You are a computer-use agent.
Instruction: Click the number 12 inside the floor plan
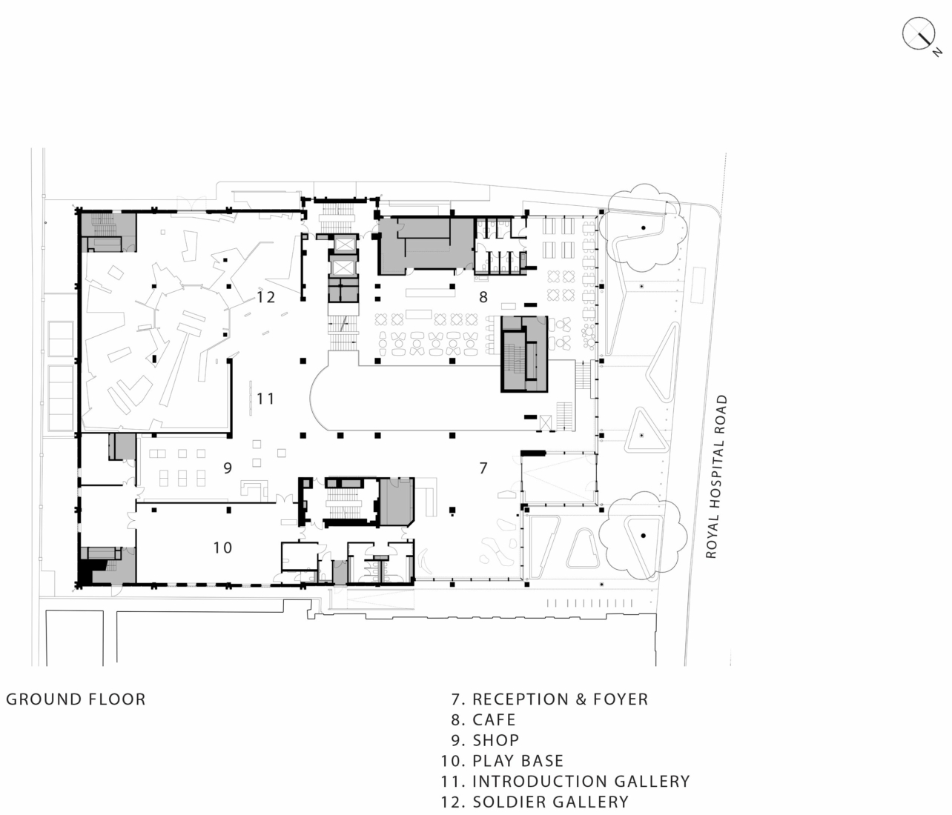click(x=265, y=297)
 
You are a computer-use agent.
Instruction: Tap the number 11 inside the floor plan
click(x=265, y=398)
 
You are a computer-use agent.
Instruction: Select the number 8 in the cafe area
click(x=483, y=297)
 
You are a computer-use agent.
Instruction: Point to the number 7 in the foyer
click(x=483, y=468)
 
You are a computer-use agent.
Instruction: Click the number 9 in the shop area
click(x=228, y=468)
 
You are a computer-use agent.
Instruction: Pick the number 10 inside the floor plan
click(x=222, y=548)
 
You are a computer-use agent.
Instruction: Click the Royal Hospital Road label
click(x=717, y=476)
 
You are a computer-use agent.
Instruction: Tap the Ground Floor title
click(x=76, y=699)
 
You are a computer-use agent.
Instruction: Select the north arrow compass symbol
click(x=919, y=33)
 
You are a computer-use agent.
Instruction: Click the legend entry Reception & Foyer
click(x=549, y=699)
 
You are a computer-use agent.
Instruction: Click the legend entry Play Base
click(x=502, y=761)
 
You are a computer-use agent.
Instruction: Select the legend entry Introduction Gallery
click(x=565, y=782)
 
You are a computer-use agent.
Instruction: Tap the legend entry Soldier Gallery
click(x=535, y=802)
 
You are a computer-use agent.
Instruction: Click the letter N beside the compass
click(x=937, y=53)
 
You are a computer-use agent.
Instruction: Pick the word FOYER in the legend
click(x=621, y=699)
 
